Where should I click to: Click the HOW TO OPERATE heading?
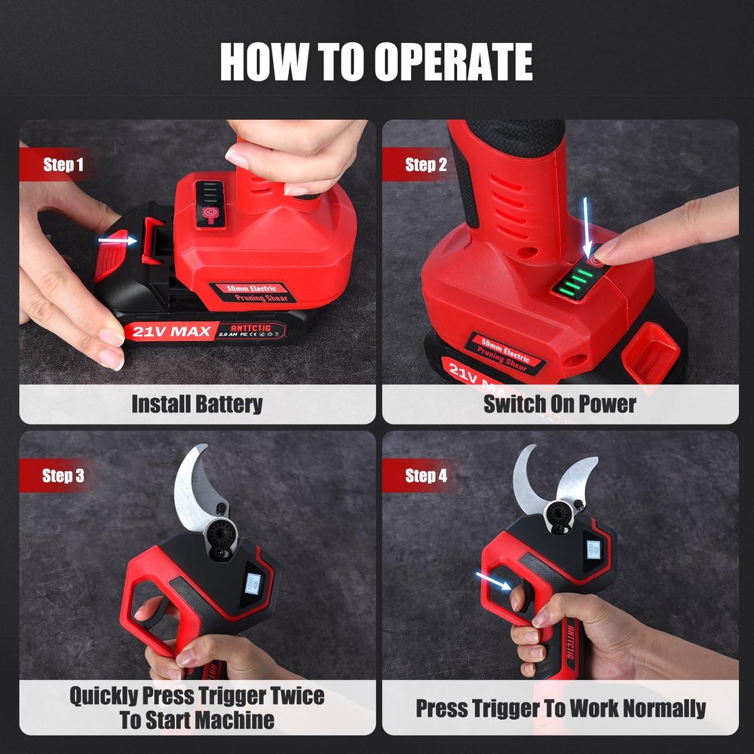(376, 62)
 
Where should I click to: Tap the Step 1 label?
(63, 165)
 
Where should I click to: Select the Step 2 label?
(425, 165)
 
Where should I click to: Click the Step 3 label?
(63, 476)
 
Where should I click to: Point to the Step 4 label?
(425, 476)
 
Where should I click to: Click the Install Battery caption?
(197, 403)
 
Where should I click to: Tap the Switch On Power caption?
(559, 403)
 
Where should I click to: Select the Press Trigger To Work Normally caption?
(560, 708)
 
